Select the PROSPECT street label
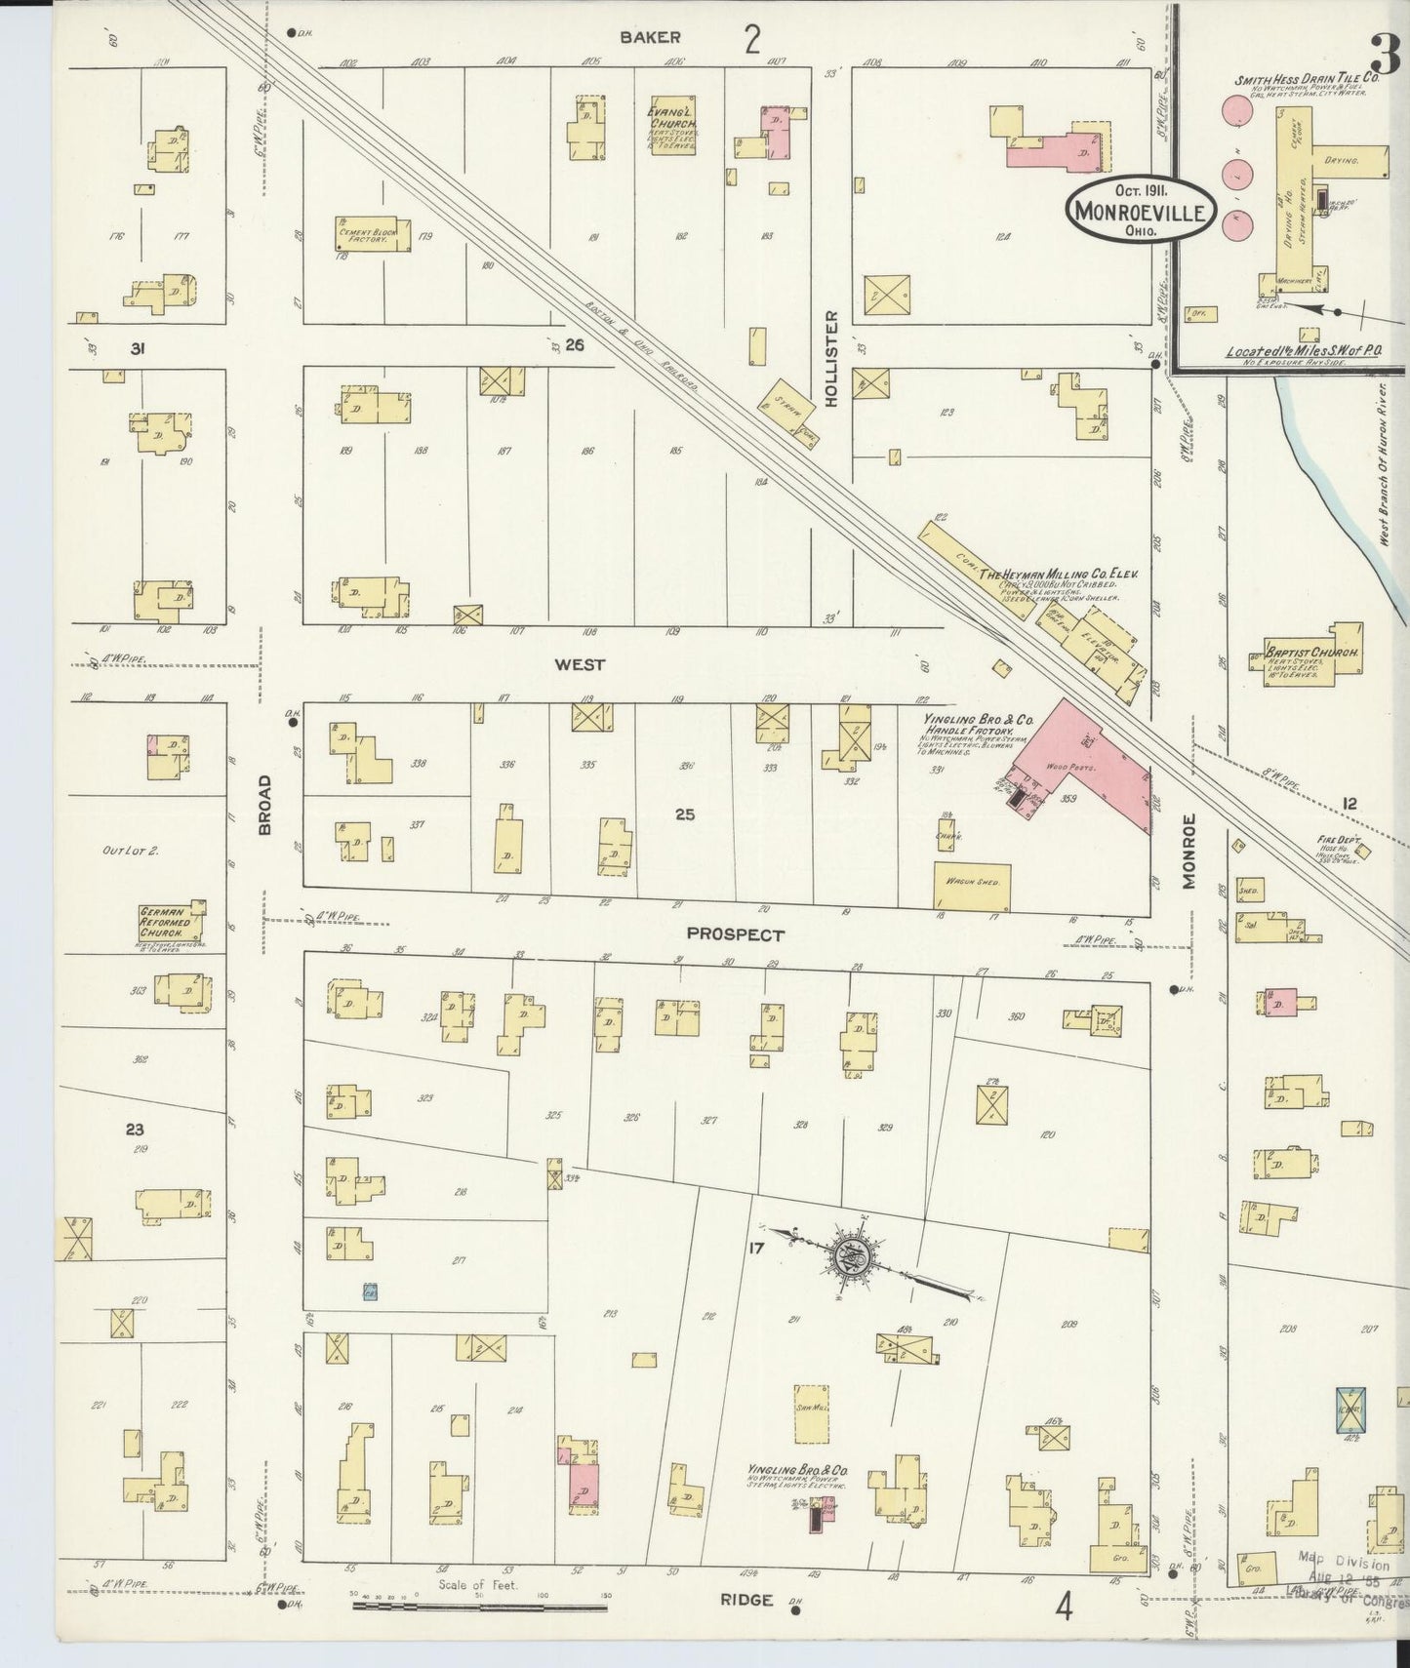coord(735,934)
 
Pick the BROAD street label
coord(265,805)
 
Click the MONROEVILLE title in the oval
coord(1141,210)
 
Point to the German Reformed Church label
coord(172,922)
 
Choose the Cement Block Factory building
coord(365,235)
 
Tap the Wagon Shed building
coord(972,886)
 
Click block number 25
coord(684,813)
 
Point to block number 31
coord(137,347)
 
